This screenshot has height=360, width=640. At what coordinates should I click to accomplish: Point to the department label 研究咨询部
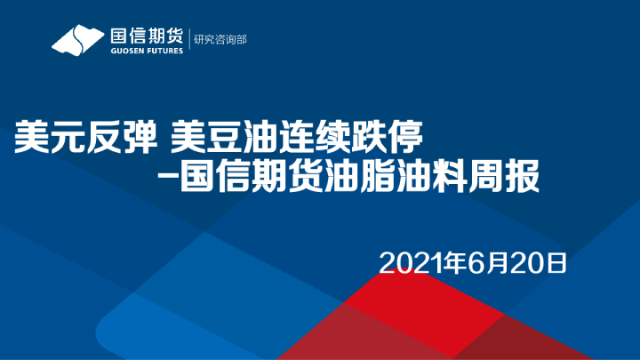tap(220, 39)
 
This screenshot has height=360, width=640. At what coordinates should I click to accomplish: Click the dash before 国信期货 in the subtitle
tap(164, 176)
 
